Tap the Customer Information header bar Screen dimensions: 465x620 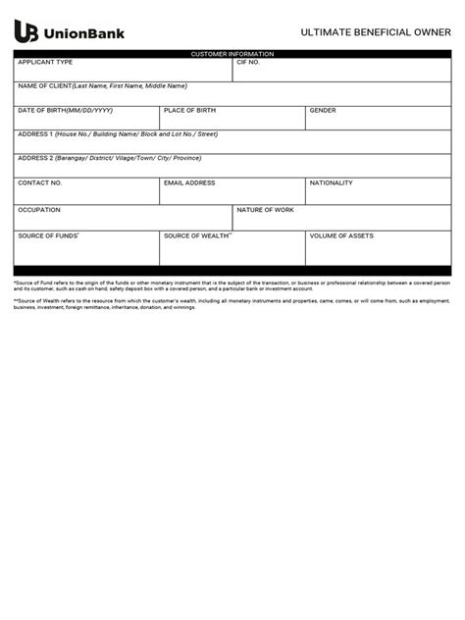[x=232, y=53]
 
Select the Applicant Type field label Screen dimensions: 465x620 [x=45, y=62]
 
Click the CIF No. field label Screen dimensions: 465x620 [x=248, y=62]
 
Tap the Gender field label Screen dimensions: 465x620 [x=323, y=111]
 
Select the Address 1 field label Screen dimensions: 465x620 [x=117, y=133]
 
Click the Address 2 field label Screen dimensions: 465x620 [x=116, y=158]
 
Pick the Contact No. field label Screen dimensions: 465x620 [x=40, y=182]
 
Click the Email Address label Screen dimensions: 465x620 [x=189, y=182]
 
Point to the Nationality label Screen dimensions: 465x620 [x=331, y=182]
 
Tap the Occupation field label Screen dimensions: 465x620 [x=39, y=209]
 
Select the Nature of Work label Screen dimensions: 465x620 [x=265, y=209]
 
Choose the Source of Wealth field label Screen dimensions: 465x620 [x=197, y=235]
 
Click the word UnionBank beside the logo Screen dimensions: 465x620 [x=86, y=34]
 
